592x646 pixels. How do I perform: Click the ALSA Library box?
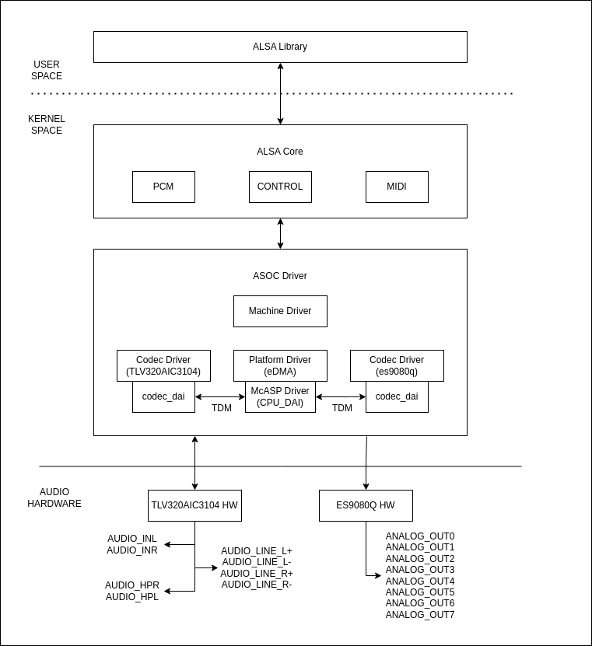point(280,47)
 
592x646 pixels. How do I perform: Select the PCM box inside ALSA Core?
point(163,187)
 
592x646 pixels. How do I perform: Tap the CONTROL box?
point(280,187)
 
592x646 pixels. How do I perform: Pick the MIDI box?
point(397,187)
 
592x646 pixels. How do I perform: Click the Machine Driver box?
point(280,311)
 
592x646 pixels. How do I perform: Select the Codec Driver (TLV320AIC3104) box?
point(163,365)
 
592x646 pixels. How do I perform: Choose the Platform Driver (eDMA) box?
point(280,365)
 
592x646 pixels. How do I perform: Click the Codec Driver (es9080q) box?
point(397,365)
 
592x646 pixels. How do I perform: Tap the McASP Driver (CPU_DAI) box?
point(280,397)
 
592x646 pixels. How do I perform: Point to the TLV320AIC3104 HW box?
point(194,505)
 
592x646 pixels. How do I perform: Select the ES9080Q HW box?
point(366,505)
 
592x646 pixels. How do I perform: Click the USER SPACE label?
point(47,70)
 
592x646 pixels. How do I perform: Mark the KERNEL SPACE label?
point(47,124)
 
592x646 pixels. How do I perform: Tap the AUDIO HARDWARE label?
point(54,498)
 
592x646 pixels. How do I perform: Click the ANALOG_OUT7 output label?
point(420,615)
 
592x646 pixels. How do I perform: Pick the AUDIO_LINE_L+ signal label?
point(257,550)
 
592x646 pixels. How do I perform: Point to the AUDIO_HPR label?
point(132,585)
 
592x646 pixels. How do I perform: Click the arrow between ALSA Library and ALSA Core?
point(281,93)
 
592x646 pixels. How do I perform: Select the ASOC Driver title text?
point(280,276)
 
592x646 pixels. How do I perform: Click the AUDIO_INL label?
point(132,539)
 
